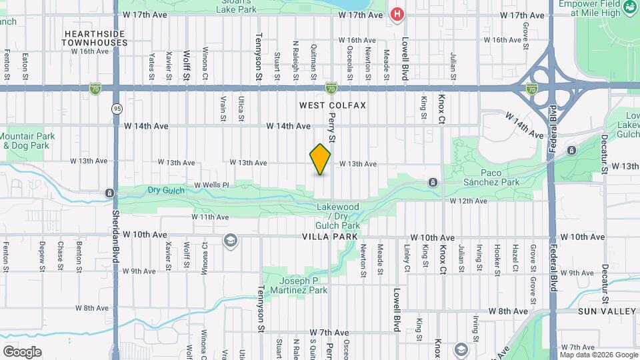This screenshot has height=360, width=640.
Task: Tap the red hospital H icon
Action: pos(398,14)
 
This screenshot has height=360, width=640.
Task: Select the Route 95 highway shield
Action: pos(117,108)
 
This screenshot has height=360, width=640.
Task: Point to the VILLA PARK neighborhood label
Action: pos(330,237)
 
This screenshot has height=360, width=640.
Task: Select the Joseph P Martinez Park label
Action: pos(303,285)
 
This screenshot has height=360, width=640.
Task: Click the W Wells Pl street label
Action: pos(211,185)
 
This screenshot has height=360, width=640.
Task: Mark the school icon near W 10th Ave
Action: pos(231,241)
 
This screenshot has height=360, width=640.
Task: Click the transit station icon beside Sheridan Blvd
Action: pos(109,193)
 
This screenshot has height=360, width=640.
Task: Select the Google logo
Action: pos(22,352)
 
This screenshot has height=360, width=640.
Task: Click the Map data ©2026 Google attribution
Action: pos(598,355)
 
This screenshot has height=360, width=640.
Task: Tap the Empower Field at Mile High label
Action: pos(599,8)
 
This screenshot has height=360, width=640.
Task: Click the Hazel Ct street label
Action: pos(515,256)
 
